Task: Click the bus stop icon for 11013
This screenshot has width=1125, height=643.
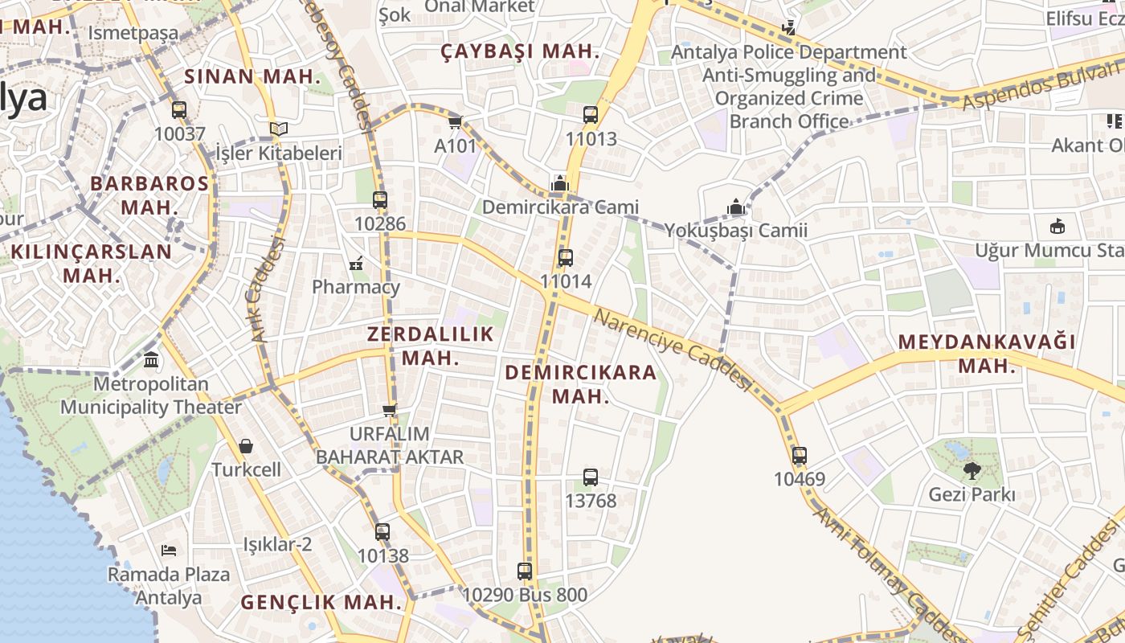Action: (x=591, y=115)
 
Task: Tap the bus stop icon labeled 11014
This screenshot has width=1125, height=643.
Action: (x=566, y=258)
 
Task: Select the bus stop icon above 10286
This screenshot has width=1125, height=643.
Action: (x=380, y=200)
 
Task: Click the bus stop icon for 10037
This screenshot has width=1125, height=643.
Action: (x=179, y=110)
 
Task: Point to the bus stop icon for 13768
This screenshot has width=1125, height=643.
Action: (x=591, y=477)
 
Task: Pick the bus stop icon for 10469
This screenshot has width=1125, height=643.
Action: (x=799, y=456)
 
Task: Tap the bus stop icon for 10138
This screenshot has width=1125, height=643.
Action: (x=382, y=532)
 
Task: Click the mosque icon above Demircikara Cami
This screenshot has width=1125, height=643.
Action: (x=560, y=184)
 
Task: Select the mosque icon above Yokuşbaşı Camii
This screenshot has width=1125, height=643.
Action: (x=735, y=207)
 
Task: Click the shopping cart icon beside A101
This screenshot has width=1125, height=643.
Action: (x=456, y=123)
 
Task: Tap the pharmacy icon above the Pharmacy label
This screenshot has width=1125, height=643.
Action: (x=356, y=263)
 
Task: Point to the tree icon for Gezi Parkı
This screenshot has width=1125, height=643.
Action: (x=972, y=471)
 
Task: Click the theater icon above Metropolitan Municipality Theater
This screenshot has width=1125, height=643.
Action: (x=151, y=360)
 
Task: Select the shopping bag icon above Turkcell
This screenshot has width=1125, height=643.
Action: (x=246, y=445)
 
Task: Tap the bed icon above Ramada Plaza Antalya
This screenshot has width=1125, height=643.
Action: (x=169, y=551)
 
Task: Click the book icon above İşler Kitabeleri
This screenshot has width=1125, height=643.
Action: (x=279, y=129)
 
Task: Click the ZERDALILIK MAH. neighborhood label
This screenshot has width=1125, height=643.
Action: (x=430, y=346)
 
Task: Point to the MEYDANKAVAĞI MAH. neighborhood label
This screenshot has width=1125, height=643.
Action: (x=987, y=353)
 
